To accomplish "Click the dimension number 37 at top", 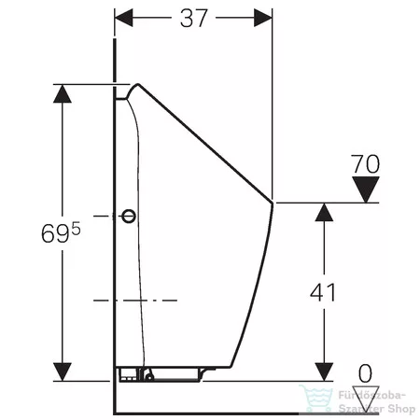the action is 193,18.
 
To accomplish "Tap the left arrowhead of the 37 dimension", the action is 124,18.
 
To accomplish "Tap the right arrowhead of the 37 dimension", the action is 263,18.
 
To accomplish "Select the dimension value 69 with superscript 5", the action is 61,232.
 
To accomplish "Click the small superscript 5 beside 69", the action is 77,229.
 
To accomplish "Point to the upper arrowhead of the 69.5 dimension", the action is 63,93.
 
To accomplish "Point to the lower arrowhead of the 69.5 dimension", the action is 63,371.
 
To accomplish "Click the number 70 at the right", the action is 365,164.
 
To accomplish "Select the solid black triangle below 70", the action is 366,189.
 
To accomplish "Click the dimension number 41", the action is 323,292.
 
